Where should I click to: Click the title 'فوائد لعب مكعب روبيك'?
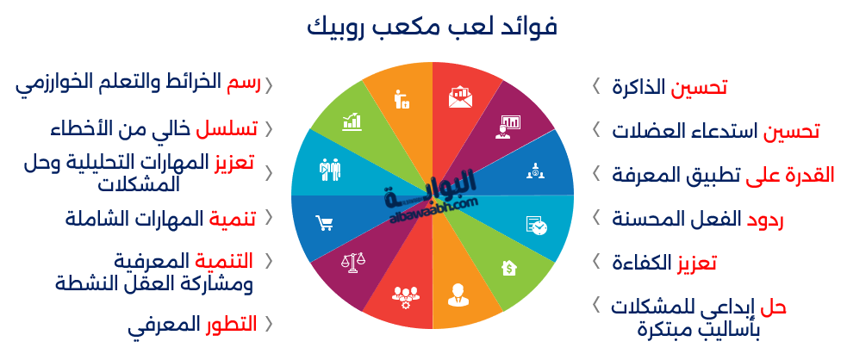432,26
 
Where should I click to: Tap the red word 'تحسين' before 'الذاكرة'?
699,88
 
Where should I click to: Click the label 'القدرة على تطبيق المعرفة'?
723,175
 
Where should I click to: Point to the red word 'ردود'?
765,219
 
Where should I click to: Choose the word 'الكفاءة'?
641,264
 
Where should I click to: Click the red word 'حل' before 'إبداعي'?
774,307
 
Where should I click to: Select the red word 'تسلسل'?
227,129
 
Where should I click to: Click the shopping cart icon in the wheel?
324,223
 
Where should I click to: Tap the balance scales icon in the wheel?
353,262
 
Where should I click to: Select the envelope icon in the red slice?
460,97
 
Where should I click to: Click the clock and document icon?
537,226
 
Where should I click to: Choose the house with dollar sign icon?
509,268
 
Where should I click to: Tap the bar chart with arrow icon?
352,121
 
